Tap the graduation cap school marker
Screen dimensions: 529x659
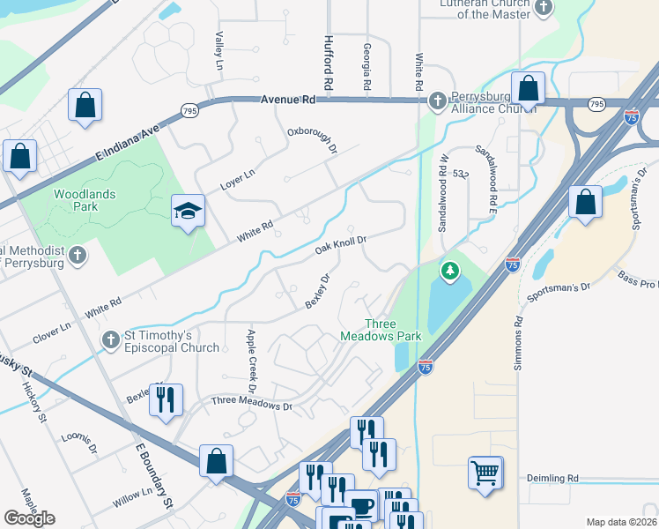point(188,212)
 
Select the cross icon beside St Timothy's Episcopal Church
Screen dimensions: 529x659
point(110,339)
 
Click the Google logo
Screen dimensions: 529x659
point(29,518)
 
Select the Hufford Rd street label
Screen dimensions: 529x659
point(328,64)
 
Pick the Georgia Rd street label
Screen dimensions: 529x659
point(367,69)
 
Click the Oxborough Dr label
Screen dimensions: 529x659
point(313,139)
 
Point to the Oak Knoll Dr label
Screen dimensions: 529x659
point(341,245)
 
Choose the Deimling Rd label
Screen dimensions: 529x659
point(552,478)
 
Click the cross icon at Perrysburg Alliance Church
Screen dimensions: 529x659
point(437,102)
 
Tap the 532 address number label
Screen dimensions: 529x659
point(460,175)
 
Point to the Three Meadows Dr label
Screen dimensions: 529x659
point(250,405)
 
